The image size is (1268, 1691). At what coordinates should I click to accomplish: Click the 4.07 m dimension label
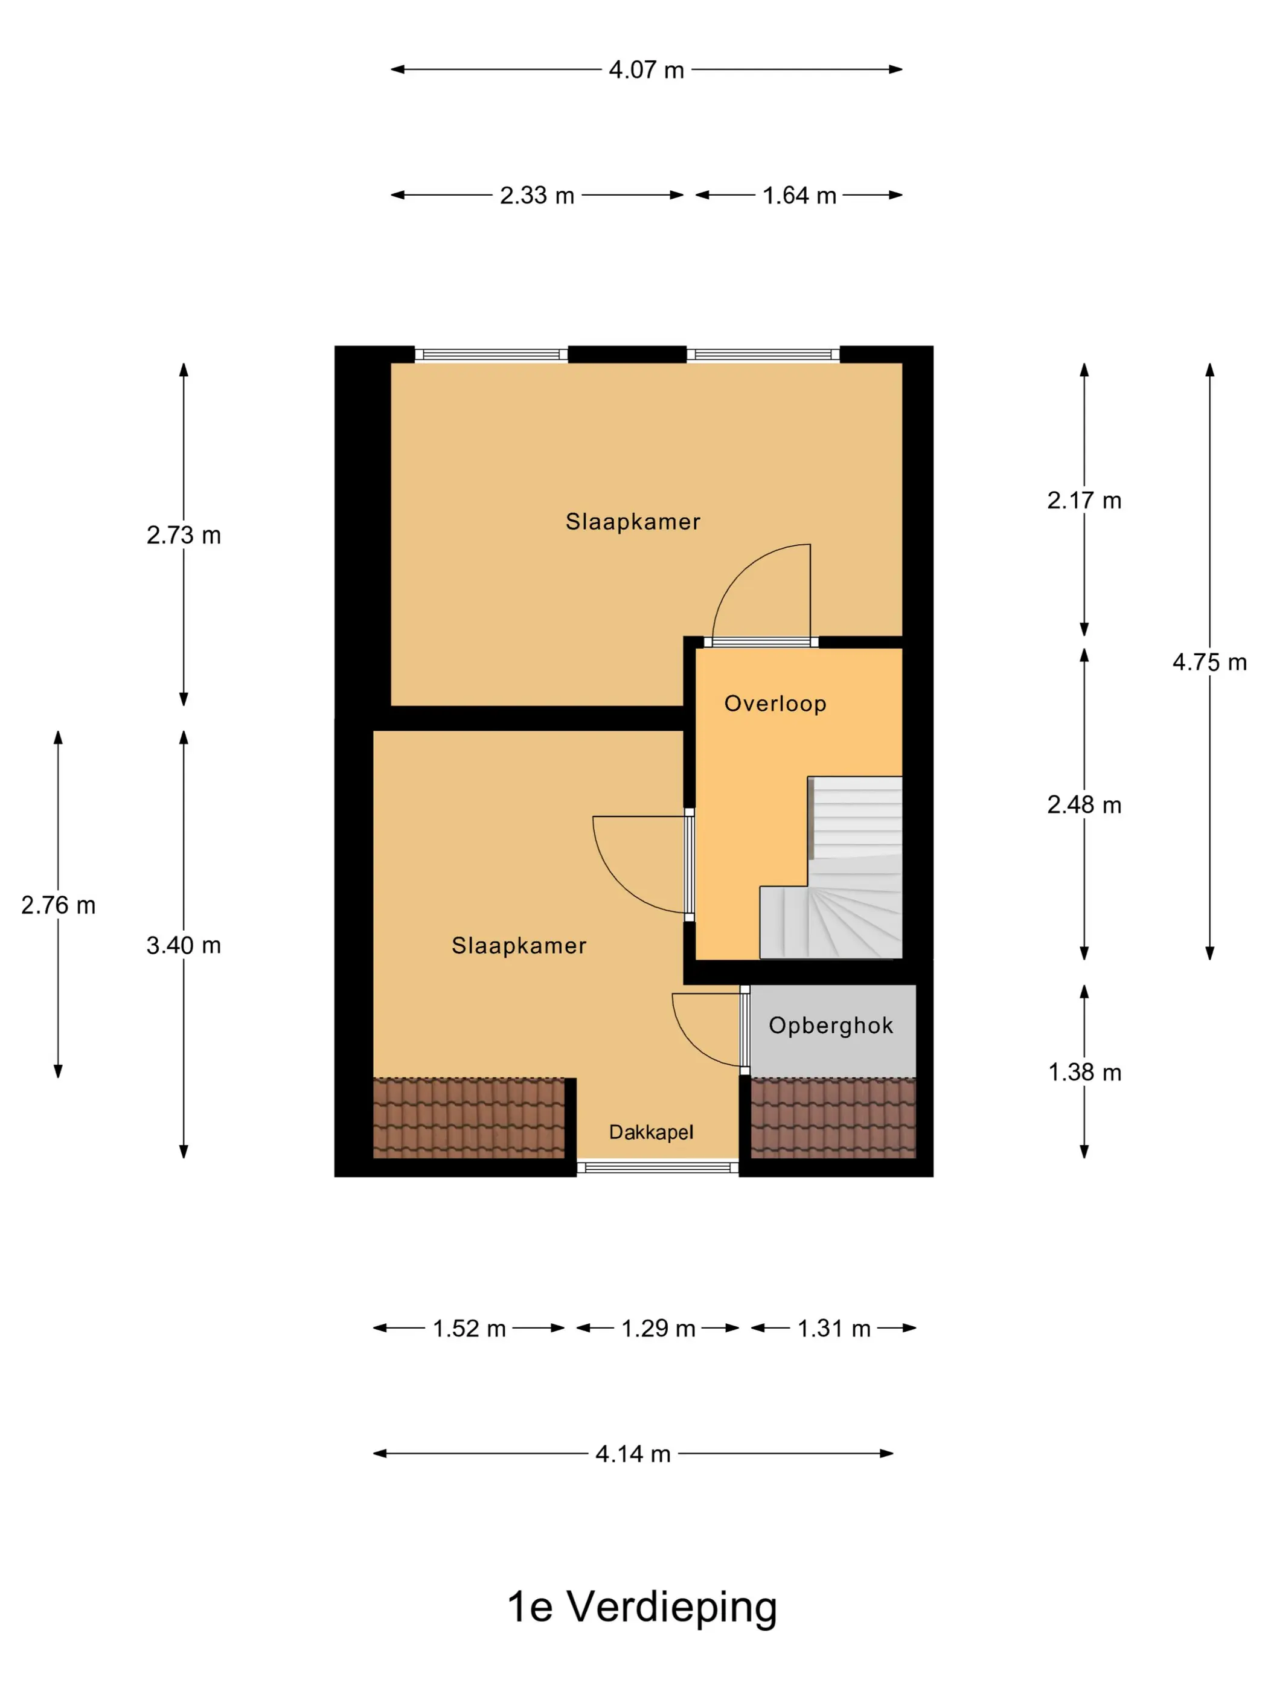click(646, 70)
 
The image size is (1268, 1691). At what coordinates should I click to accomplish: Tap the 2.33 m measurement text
click(537, 196)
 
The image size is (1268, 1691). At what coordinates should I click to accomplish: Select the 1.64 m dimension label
click(799, 196)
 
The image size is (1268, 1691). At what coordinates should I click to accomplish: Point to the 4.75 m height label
click(1209, 662)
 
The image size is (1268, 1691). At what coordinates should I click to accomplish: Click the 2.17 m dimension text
click(1084, 501)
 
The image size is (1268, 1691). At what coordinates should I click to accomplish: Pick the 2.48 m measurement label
click(1084, 804)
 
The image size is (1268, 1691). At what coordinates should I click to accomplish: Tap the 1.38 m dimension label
click(1084, 1072)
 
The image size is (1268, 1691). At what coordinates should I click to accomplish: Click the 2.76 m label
click(58, 905)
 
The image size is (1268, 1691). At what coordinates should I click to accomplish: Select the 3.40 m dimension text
click(184, 946)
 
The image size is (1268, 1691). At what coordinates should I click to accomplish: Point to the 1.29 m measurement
click(658, 1328)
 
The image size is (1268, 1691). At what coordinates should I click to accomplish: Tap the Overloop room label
click(775, 704)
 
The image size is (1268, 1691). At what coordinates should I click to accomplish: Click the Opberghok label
click(831, 1026)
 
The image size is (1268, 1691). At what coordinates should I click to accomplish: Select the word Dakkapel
click(650, 1132)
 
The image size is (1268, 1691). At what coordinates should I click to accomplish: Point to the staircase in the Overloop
click(831, 868)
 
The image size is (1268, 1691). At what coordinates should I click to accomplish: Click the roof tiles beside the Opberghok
click(833, 1118)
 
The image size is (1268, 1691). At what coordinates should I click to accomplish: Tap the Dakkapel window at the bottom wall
click(658, 1167)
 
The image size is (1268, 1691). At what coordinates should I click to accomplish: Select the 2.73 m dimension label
click(184, 535)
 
